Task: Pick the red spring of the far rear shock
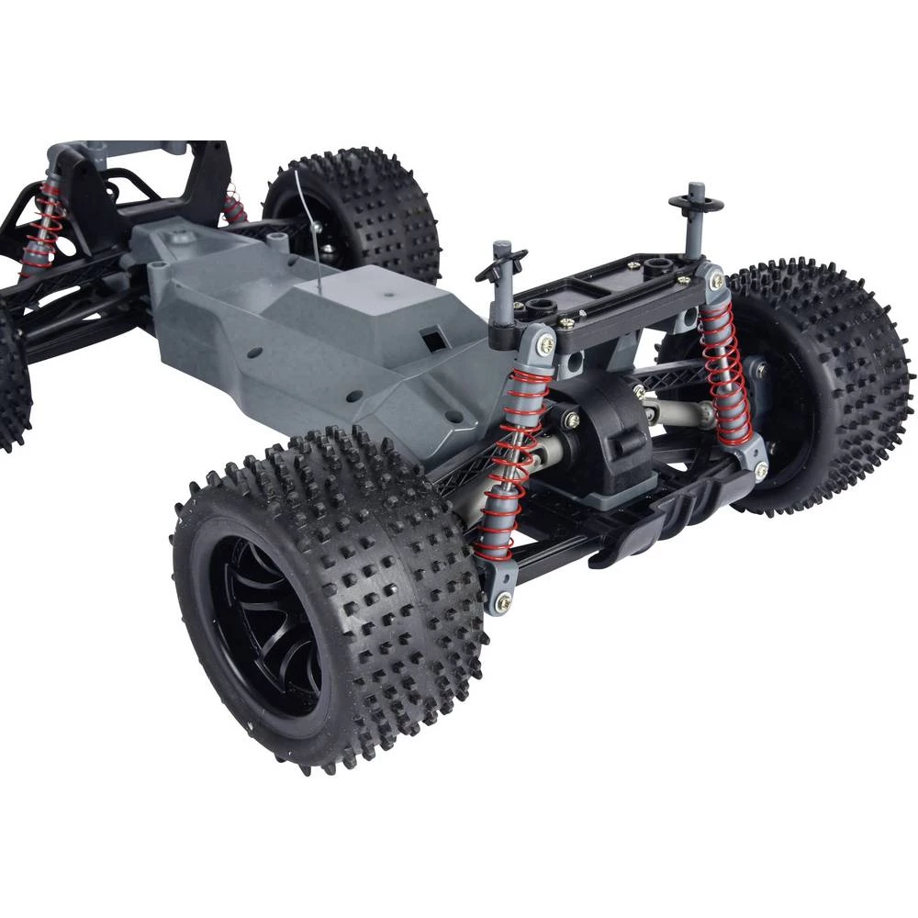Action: tap(725, 367)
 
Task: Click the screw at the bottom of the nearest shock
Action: tap(503, 602)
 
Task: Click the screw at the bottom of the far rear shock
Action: tap(761, 471)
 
